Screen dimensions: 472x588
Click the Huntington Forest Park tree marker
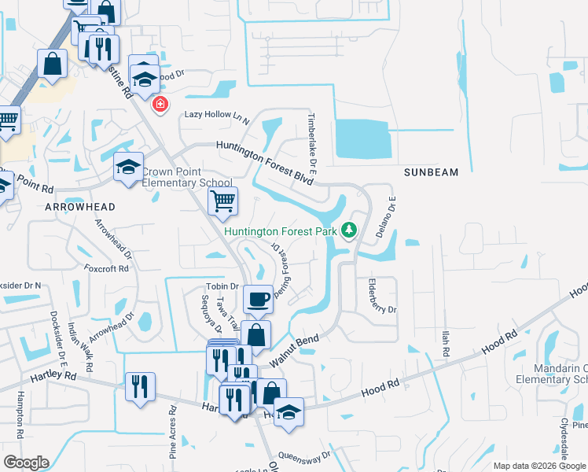pos(349,230)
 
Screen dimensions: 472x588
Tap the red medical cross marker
pos(160,104)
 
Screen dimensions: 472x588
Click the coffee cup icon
pos(258,298)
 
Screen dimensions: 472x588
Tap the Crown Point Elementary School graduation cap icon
pos(129,167)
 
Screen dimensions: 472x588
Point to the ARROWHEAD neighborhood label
pos(80,207)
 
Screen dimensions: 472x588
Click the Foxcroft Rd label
pos(106,268)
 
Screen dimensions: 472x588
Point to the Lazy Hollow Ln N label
pos(216,115)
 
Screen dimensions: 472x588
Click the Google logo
pos(26,463)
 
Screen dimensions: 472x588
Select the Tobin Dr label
pos(222,286)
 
